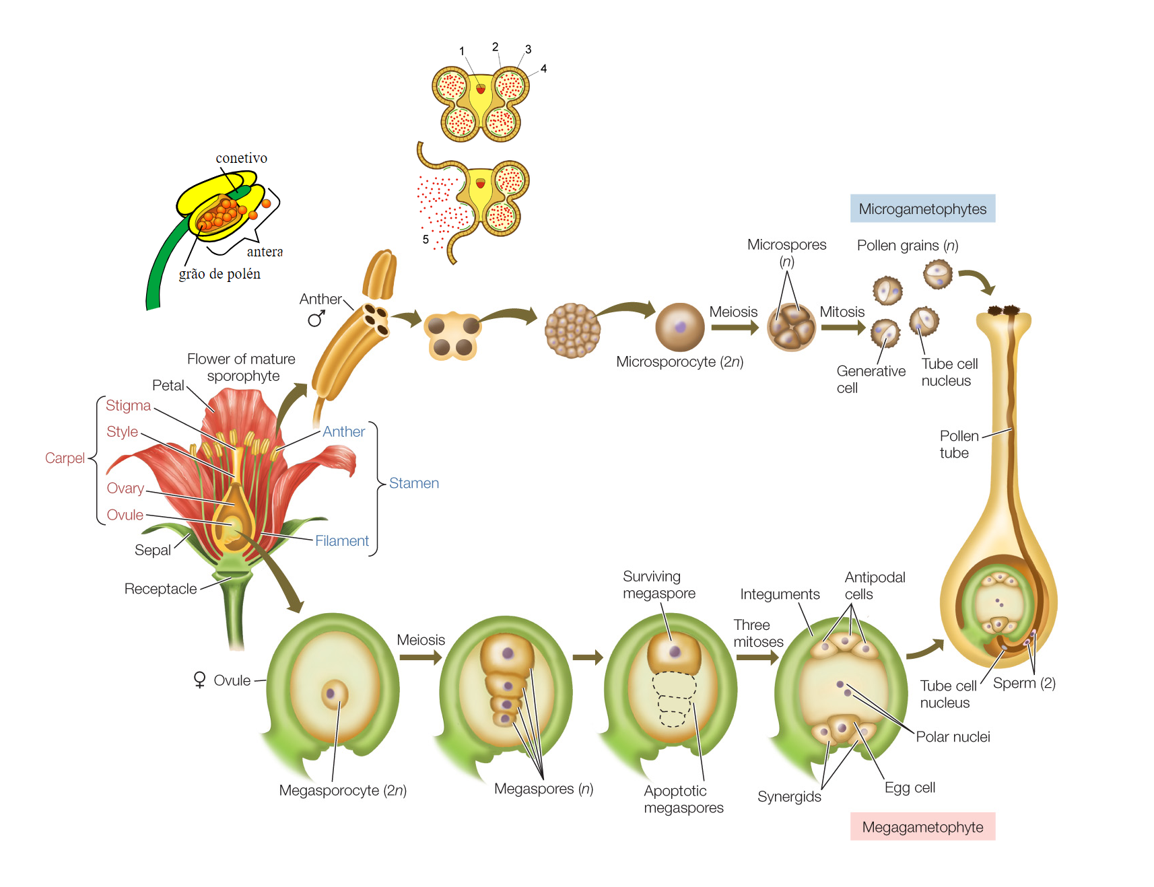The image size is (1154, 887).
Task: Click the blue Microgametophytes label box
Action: pos(922,209)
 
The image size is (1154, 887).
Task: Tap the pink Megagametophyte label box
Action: pos(922,827)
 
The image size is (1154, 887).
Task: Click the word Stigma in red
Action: pos(128,405)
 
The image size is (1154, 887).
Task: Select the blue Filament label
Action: pos(341,540)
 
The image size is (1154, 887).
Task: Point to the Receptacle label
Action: pos(160,589)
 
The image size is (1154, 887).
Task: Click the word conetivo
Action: pos(241,158)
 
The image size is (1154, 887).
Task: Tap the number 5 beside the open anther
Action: pos(426,239)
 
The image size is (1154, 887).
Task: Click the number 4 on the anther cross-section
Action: pos(543,69)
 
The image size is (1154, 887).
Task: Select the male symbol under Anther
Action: pos(316,318)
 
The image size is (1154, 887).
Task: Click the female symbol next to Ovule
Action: pos(199,680)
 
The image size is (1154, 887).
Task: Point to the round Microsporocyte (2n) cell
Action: pos(679,327)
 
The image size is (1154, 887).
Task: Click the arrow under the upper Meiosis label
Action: pos(734,328)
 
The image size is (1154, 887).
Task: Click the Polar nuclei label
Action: pos(952,737)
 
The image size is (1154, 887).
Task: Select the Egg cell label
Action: pos(909,787)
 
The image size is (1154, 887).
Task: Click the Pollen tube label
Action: pos(958,444)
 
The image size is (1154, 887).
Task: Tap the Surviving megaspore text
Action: pos(658,585)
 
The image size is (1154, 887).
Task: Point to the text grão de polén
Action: pos(219,274)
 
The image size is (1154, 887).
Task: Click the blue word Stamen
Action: pos(413,483)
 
